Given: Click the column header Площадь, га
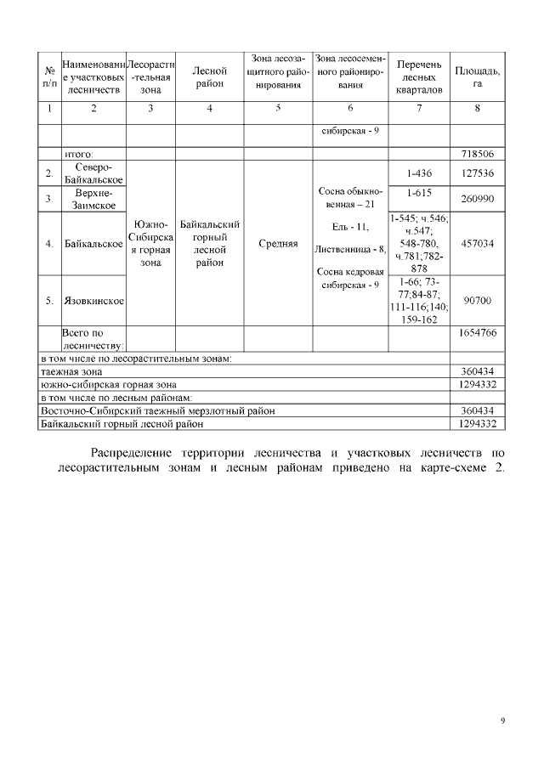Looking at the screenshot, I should [x=477, y=77].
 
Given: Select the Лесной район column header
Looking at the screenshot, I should [x=209, y=77].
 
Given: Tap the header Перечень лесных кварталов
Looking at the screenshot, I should [x=418, y=77].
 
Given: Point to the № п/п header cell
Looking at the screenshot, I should [x=49, y=77].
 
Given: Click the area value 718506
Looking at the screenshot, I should [x=477, y=154].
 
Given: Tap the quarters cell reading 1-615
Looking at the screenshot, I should [x=418, y=193].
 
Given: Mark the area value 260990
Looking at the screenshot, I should [x=477, y=199].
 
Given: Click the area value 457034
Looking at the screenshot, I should [x=477, y=243].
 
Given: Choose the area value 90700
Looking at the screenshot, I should [x=477, y=301].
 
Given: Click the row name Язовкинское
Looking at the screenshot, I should [x=93, y=301].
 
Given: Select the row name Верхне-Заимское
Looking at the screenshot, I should [x=93, y=199].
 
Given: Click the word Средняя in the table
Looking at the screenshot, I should [x=277, y=244].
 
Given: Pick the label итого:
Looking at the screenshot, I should [x=79, y=154].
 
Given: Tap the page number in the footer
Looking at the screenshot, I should [x=502, y=721].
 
